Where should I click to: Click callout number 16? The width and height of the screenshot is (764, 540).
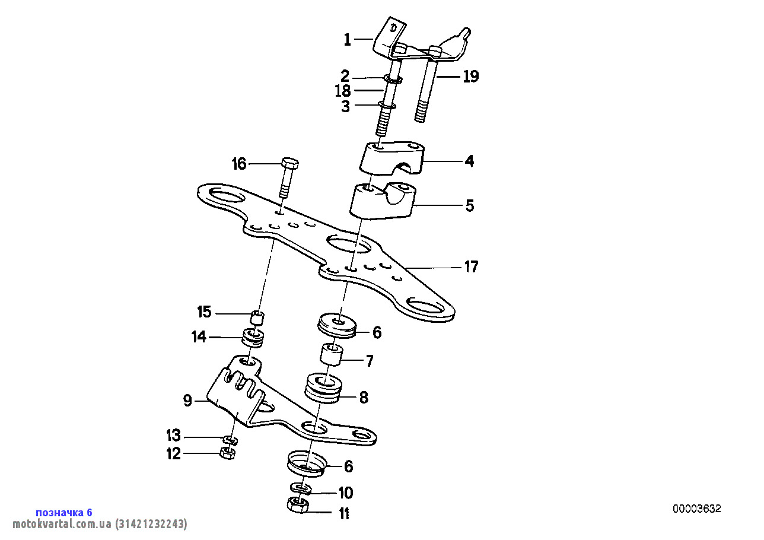pos(238,164)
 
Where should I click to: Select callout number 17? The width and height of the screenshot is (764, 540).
pos(470,267)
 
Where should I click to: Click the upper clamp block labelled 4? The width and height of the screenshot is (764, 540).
pos(391,158)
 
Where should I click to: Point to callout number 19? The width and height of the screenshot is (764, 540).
pos(470,77)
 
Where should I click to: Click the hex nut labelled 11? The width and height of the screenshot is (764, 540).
pos(298,507)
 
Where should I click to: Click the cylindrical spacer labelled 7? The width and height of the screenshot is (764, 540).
pos(332,355)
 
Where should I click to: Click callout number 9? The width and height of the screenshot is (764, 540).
pos(187,402)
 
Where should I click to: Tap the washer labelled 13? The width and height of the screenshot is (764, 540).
pos(230,440)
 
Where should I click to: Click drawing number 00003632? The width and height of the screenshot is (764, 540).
pos(696,509)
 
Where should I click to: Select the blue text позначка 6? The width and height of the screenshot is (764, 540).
pos(64,512)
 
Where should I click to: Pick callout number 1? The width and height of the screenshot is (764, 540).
pos(348,40)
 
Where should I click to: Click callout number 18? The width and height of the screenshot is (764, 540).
pos(343,91)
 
